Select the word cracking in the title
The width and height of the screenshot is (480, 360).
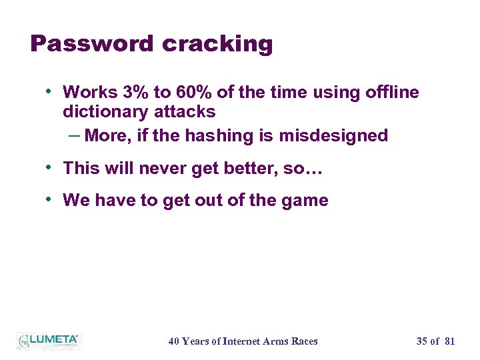click(217, 44)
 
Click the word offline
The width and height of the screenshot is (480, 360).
click(393, 92)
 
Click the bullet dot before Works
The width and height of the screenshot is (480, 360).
click(51, 90)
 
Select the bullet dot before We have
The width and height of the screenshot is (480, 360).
click(51, 199)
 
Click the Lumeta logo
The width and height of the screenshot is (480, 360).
click(48, 340)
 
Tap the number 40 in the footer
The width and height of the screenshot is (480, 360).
click(173, 341)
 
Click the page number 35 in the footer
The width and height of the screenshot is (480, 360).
click(421, 341)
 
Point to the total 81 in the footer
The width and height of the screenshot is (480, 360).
click(449, 341)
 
